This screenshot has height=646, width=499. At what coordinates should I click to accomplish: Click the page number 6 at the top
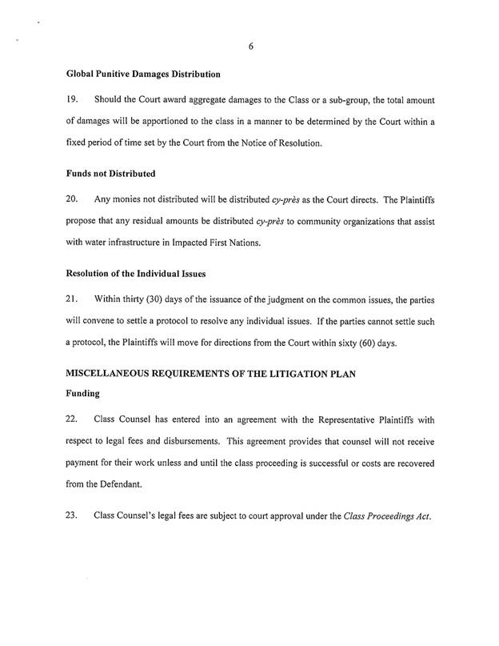(x=250, y=46)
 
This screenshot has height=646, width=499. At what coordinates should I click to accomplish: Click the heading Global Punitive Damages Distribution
(x=143, y=74)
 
